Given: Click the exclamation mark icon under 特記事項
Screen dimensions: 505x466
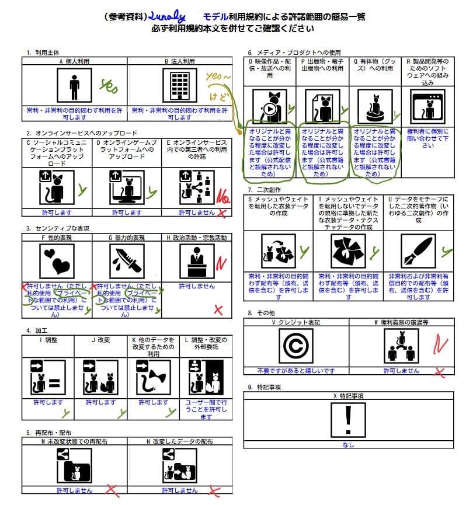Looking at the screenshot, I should pyautogui.click(x=348, y=420).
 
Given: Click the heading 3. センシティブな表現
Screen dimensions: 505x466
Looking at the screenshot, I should pyautogui.click(x=58, y=228).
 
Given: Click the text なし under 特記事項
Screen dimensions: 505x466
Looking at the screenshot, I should pyautogui.click(x=348, y=445).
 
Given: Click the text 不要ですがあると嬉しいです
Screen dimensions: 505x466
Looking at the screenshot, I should pyautogui.click(x=296, y=370).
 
